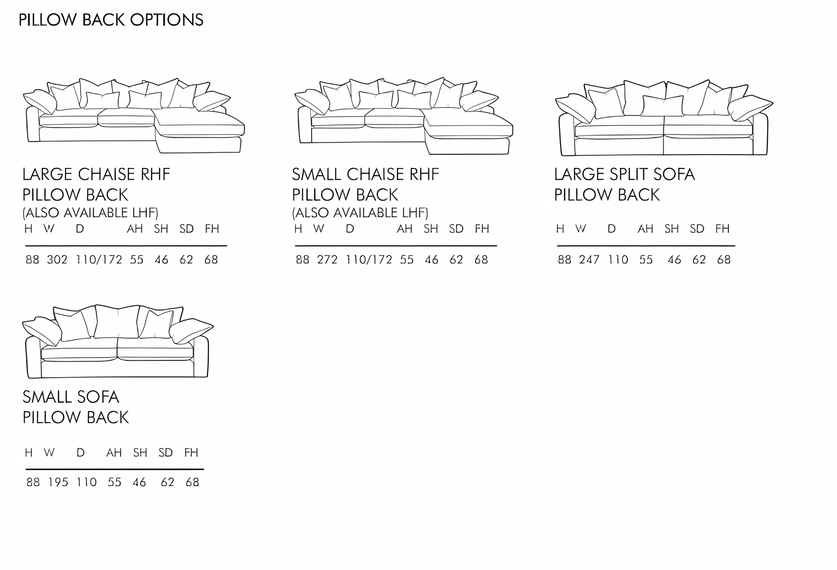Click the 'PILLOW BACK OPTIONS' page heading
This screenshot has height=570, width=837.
pyautogui.click(x=111, y=20)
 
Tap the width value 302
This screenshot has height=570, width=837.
pyautogui.click(x=57, y=259)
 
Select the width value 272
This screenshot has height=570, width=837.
pyautogui.click(x=327, y=259)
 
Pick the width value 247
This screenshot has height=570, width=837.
pyautogui.click(x=589, y=259)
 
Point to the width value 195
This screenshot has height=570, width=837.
pyautogui.click(x=58, y=482)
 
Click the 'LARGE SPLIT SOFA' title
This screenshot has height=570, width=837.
pyautogui.click(x=624, y=174)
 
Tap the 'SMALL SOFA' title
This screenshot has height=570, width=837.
pyautogui.click(x=71, y=397)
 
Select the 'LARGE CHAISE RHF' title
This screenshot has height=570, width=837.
pyautogui.click(x=96, y=174)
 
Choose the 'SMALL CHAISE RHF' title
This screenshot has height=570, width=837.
pyautogui.click(x=366, y=174)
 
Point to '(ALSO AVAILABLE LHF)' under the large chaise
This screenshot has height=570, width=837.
pyautogui.click(x=90, y=213)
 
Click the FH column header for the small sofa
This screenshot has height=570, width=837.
pyautogui.click(x=191, y=452)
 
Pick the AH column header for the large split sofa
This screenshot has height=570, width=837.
pyautogui.click(x=645, y=229)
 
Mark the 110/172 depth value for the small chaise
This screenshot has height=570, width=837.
pyautogui.click(x=369, y=259)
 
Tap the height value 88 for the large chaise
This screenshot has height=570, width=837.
pyautogui.click(x=32, y=259)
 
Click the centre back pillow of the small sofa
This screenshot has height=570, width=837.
pyautogui.click(x=117, y=321)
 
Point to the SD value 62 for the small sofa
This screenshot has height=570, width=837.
pyautogui.click(x=167, y=482)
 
